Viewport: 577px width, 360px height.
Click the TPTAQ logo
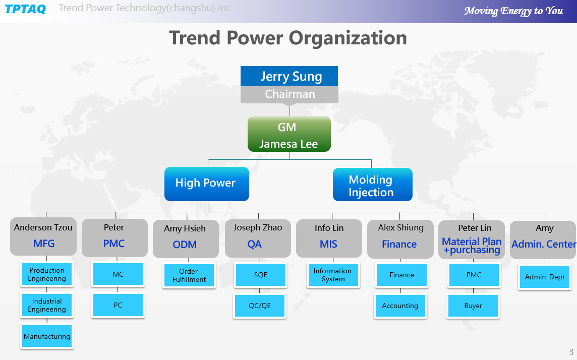point(25,9)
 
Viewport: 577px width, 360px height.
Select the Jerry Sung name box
point(289,76)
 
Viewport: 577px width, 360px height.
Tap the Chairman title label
point(289,94)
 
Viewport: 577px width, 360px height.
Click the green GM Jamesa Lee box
point(289,134)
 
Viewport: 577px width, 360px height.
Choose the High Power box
point(207,184)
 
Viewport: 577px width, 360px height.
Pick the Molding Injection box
point(372,185)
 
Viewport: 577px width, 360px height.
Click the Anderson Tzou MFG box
point(43,236)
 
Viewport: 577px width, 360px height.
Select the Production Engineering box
point(47,274)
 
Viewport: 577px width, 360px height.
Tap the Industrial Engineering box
point(47,305)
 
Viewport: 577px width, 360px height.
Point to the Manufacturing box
point(47,336)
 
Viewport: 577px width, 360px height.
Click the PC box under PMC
point(118,305)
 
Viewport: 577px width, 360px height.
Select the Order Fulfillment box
point(189,275)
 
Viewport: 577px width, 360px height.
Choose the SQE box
point(261,275)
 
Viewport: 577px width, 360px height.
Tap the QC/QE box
point(260,306)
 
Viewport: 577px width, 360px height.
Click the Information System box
point(333,275)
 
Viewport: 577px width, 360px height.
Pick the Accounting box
point(400,306)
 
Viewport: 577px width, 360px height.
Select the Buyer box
point(473,306)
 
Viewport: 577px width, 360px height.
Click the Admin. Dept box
point(545,277)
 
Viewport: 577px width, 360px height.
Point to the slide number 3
point(571,352)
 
